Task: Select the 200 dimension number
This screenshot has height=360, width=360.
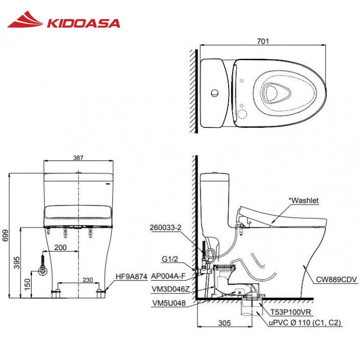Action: [x=61, y=248]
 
